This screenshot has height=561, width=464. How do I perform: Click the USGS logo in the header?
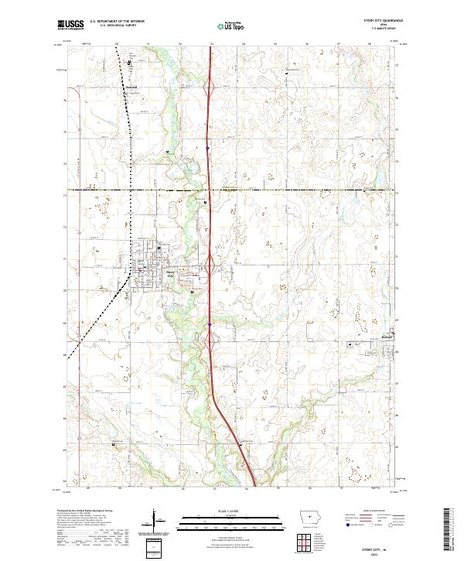70,26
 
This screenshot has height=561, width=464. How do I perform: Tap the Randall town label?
131,87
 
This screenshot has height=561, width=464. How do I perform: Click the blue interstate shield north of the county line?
207,147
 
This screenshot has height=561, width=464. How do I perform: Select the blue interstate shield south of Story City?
209,325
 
